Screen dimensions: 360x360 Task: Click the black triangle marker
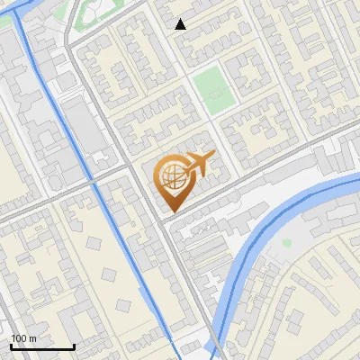coord(181,24)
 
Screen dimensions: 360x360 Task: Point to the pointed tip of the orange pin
coord(170,211)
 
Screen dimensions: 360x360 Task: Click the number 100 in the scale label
coord(19,339)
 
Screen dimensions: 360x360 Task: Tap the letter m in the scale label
coord(32,339)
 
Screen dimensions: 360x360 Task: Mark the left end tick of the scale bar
coord(11,346)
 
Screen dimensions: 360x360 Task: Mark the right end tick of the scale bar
coord(74,346)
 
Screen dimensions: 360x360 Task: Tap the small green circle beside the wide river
coord(287,242)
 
